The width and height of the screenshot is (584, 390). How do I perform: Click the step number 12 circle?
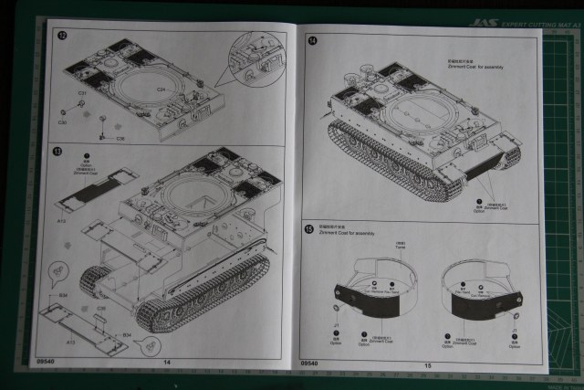pyautogui.click(x=62, y=36)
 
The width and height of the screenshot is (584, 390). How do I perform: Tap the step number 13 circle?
pyautogui.click(x=57, y=152)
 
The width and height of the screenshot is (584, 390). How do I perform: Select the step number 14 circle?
pyautogui.click(x=312, y=41)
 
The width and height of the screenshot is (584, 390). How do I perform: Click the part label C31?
pyautogui.click(x=82, y=93)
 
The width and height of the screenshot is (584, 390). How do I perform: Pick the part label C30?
pyautogui.click(x=63, y=121)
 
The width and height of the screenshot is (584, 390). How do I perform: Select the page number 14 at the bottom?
pyautogui.click(x=166, y=363)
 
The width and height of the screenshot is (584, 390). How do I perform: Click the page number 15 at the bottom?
pyautogui.click(x=427, y=366)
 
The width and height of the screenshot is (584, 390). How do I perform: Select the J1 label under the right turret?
pyautogui.click(x=515, y=330)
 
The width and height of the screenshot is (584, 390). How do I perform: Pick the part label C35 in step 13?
pyautogui.click(x=101, y=309)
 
